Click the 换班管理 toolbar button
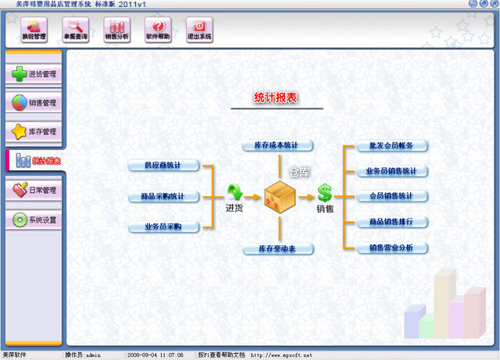click(x=34, y=30)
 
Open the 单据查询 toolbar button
click(x=76, y=30)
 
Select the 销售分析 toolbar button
click(x=116, y=30)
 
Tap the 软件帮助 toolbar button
click(x=159, y=30)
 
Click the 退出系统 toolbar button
click(x=199, y=30)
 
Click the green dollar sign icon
click(x=324, y=193)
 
